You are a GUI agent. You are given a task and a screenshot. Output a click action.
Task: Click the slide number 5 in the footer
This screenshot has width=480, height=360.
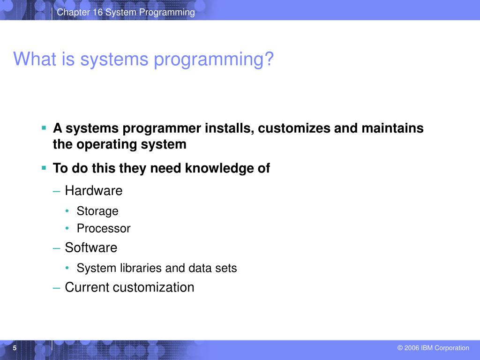(x=15, y=348)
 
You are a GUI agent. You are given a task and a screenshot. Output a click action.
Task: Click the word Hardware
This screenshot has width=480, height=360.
(x=93, y=191)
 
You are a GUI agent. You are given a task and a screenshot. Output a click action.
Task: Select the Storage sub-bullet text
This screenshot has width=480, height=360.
(x=97, y=211)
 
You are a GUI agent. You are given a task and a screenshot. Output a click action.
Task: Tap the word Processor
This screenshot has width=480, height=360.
(x=104, y=229)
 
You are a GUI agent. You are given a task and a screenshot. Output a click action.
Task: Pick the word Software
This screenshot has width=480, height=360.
(x=91, y=247)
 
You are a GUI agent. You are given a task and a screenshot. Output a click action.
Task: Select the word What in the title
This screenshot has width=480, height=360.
(x=32, y=60)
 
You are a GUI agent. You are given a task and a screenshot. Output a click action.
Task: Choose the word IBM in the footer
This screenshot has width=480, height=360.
(x=427, y=348)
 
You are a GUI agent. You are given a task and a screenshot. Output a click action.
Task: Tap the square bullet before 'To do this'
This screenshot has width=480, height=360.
(x=44, y=167)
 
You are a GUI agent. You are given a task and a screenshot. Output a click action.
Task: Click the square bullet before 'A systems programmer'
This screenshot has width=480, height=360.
(x=44, y=127)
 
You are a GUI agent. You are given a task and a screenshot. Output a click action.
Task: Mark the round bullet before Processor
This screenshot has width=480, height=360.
(x=68, y=228)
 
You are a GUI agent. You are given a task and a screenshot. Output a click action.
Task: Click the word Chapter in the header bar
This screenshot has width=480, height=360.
(x=73, y=13)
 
